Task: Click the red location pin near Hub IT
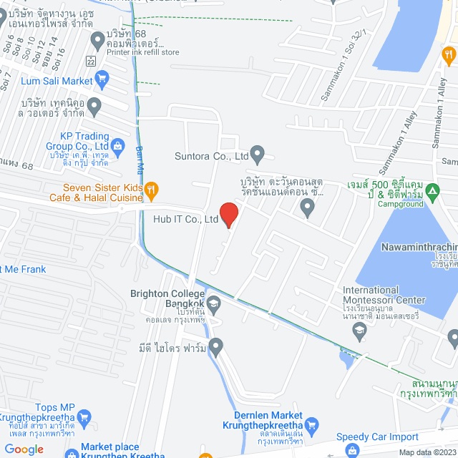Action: point(228,213)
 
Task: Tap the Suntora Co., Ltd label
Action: point(211,155)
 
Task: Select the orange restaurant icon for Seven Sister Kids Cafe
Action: point(150,190)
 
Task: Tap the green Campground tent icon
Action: point(432,191)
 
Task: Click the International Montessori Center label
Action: point(384,295)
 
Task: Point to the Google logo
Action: point(24,449)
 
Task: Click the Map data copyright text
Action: point(427,452)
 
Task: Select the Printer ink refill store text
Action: point(142,52)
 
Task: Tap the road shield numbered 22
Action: point(90,61)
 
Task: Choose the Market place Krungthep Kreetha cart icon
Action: point(72,452)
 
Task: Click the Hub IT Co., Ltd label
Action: point(185,220)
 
